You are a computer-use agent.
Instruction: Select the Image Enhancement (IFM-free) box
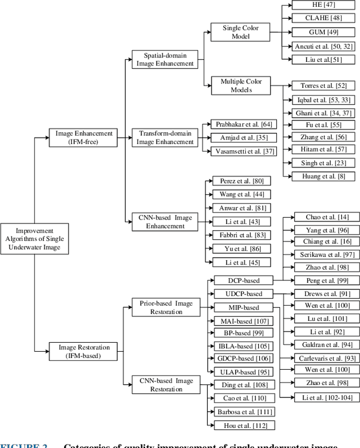[x=84, y=138]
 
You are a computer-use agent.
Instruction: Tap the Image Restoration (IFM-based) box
[x=84, y=351]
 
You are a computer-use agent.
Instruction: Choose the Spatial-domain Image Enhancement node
[x=165, y=60]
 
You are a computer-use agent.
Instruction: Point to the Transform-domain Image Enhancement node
[x=165, y=138]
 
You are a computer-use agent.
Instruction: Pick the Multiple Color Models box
[x=241, y=86]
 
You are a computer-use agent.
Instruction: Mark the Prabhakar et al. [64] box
[x=241, y=124]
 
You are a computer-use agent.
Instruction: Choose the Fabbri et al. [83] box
[x=241, y=235]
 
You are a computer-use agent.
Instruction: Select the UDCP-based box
[x=244, y=294]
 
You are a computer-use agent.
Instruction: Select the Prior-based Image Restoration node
[x=166, y=307]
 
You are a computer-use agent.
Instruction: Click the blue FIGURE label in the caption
[x=24, y=445]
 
